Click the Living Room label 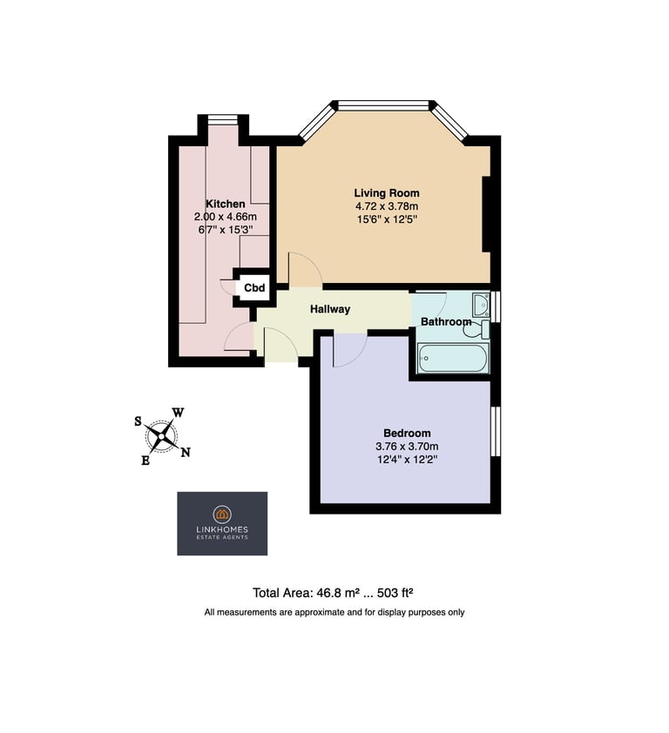click(x=387, y=192)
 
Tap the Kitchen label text click(x=226, y=204)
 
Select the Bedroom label click(x=407, y=433)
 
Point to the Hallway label click(x=330, y=309)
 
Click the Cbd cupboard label click(x=254, y=287)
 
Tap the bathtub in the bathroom click(x=452, y=358)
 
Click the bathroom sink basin click(x=481, y=305)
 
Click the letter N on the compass click(x=186, y=452)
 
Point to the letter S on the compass click(x=138, y=421)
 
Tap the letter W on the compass click(x=178, y=413)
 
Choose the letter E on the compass click(x=145, y=461)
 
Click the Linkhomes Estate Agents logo click(x=222, y=523)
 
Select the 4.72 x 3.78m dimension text click(x=387, y=205)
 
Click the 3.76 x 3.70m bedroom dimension click(x=407, y=446)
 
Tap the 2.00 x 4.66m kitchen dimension click(x=226, y=217)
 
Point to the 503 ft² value click(x=395, y=593)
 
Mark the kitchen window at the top click(x=223, y=119)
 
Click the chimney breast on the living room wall click(x=486, y=214)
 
